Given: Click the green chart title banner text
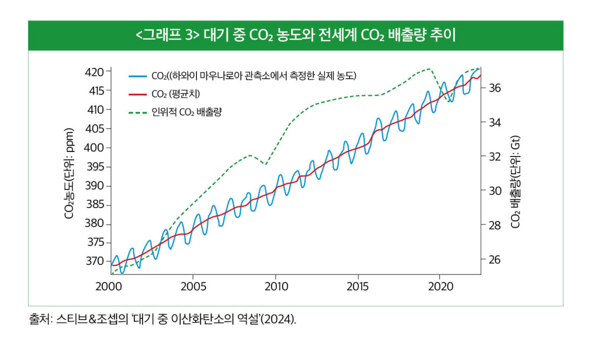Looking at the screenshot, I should coord(295,35).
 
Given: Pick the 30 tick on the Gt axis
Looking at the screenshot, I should coord(494,190).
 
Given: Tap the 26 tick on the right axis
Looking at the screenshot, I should coord(494,259).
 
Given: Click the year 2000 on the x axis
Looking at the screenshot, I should coord(110,287).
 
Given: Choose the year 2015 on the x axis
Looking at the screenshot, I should coord(358,287).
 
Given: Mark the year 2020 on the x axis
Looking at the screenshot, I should coord(440,287).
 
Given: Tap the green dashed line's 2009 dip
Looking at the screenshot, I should coord(266,164).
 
